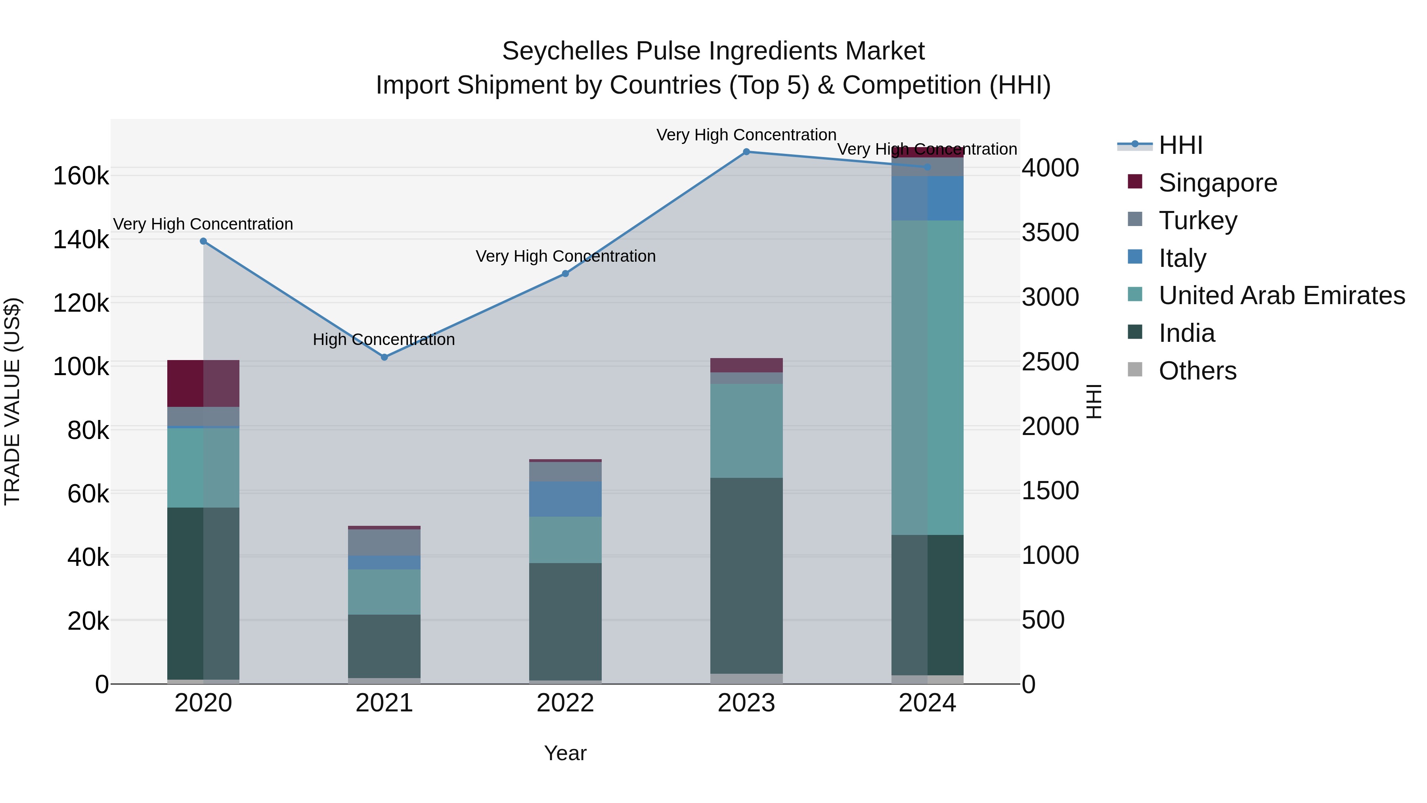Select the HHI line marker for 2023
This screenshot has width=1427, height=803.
click(x=746, y=152)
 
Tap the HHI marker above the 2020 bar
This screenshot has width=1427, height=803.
click(x=203, y=241)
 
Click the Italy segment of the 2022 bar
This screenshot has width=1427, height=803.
click(x=565, y=499)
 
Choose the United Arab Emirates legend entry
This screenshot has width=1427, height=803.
click(x=1281, y=295)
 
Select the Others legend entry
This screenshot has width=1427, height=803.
click(x=1197, y=371)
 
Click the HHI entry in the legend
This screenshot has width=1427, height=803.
click(x=1180, y=145)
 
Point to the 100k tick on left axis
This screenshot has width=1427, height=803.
click(x=81, y=367)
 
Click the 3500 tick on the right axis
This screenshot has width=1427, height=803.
click(x=1050, y=232)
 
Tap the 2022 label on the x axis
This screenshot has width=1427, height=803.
click(x=565, y=703)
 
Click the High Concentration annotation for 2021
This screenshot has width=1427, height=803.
click(x=383, y=339)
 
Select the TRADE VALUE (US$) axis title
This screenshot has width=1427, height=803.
click(x=12, y=401)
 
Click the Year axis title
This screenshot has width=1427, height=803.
click(x=565, y=753)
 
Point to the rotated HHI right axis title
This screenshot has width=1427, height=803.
click(x=1094, y=401)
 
